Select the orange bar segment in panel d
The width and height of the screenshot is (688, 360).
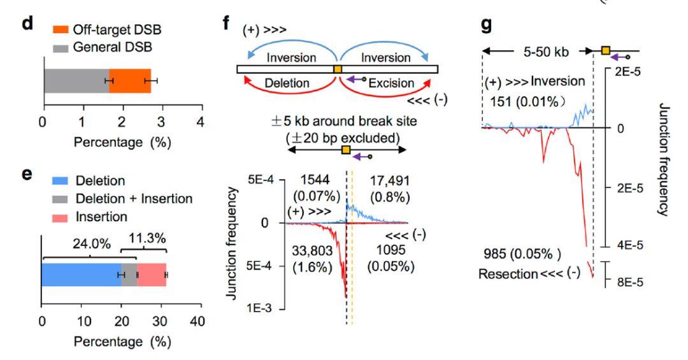[131, 81]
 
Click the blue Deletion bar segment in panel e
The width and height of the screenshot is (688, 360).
[80, 275]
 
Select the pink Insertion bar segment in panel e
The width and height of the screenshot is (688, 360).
[152, 275]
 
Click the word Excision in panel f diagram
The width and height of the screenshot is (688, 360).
[391, 83]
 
